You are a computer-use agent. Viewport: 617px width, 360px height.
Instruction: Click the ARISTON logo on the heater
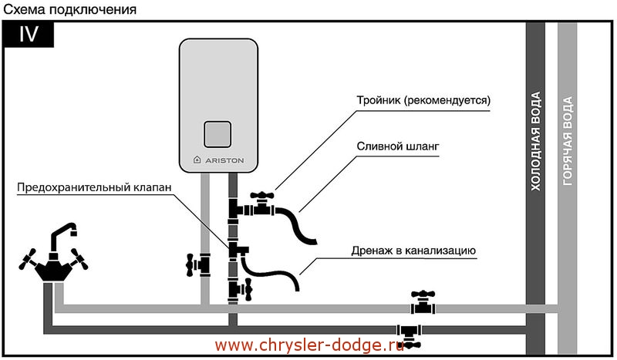(217, 160)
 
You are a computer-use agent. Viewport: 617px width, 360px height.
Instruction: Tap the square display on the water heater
(217, 134)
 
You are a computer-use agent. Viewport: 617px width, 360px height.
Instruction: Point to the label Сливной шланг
(394, 146)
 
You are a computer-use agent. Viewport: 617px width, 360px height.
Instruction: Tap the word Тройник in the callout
(379, 101)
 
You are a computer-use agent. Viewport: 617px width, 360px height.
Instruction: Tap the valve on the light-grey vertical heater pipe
(203, 264)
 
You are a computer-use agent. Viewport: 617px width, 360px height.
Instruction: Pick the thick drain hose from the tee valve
(297, 224)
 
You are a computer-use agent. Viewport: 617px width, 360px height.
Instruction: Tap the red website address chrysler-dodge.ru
(308, 345)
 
